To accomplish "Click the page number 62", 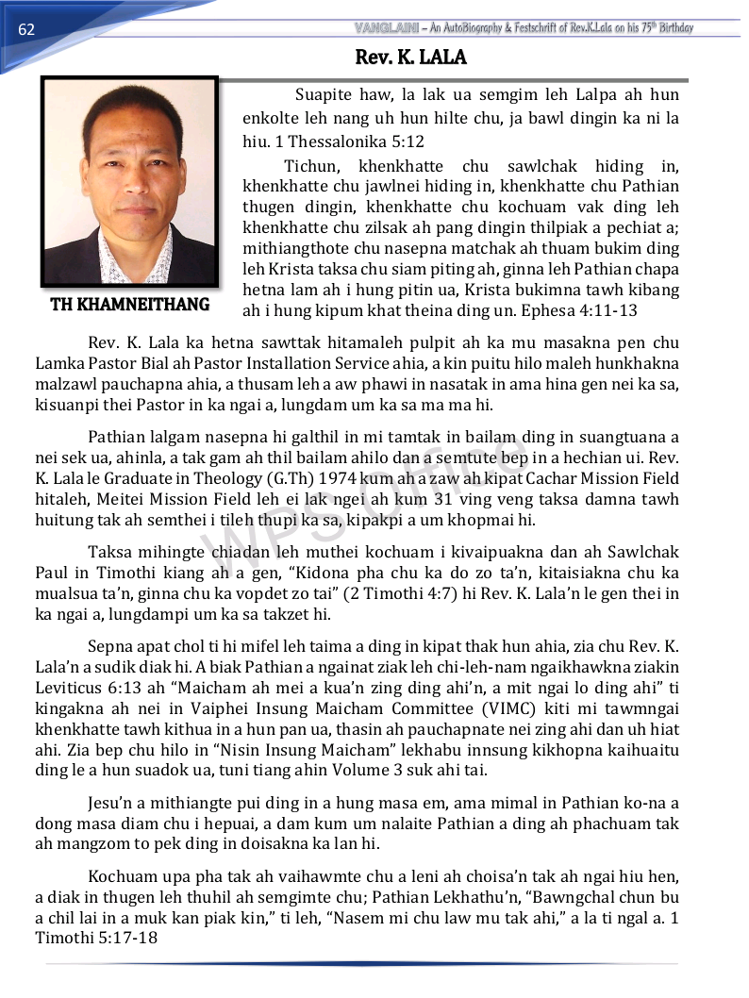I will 26,29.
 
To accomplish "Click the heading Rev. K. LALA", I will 410,58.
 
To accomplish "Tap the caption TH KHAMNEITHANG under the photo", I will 130,305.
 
